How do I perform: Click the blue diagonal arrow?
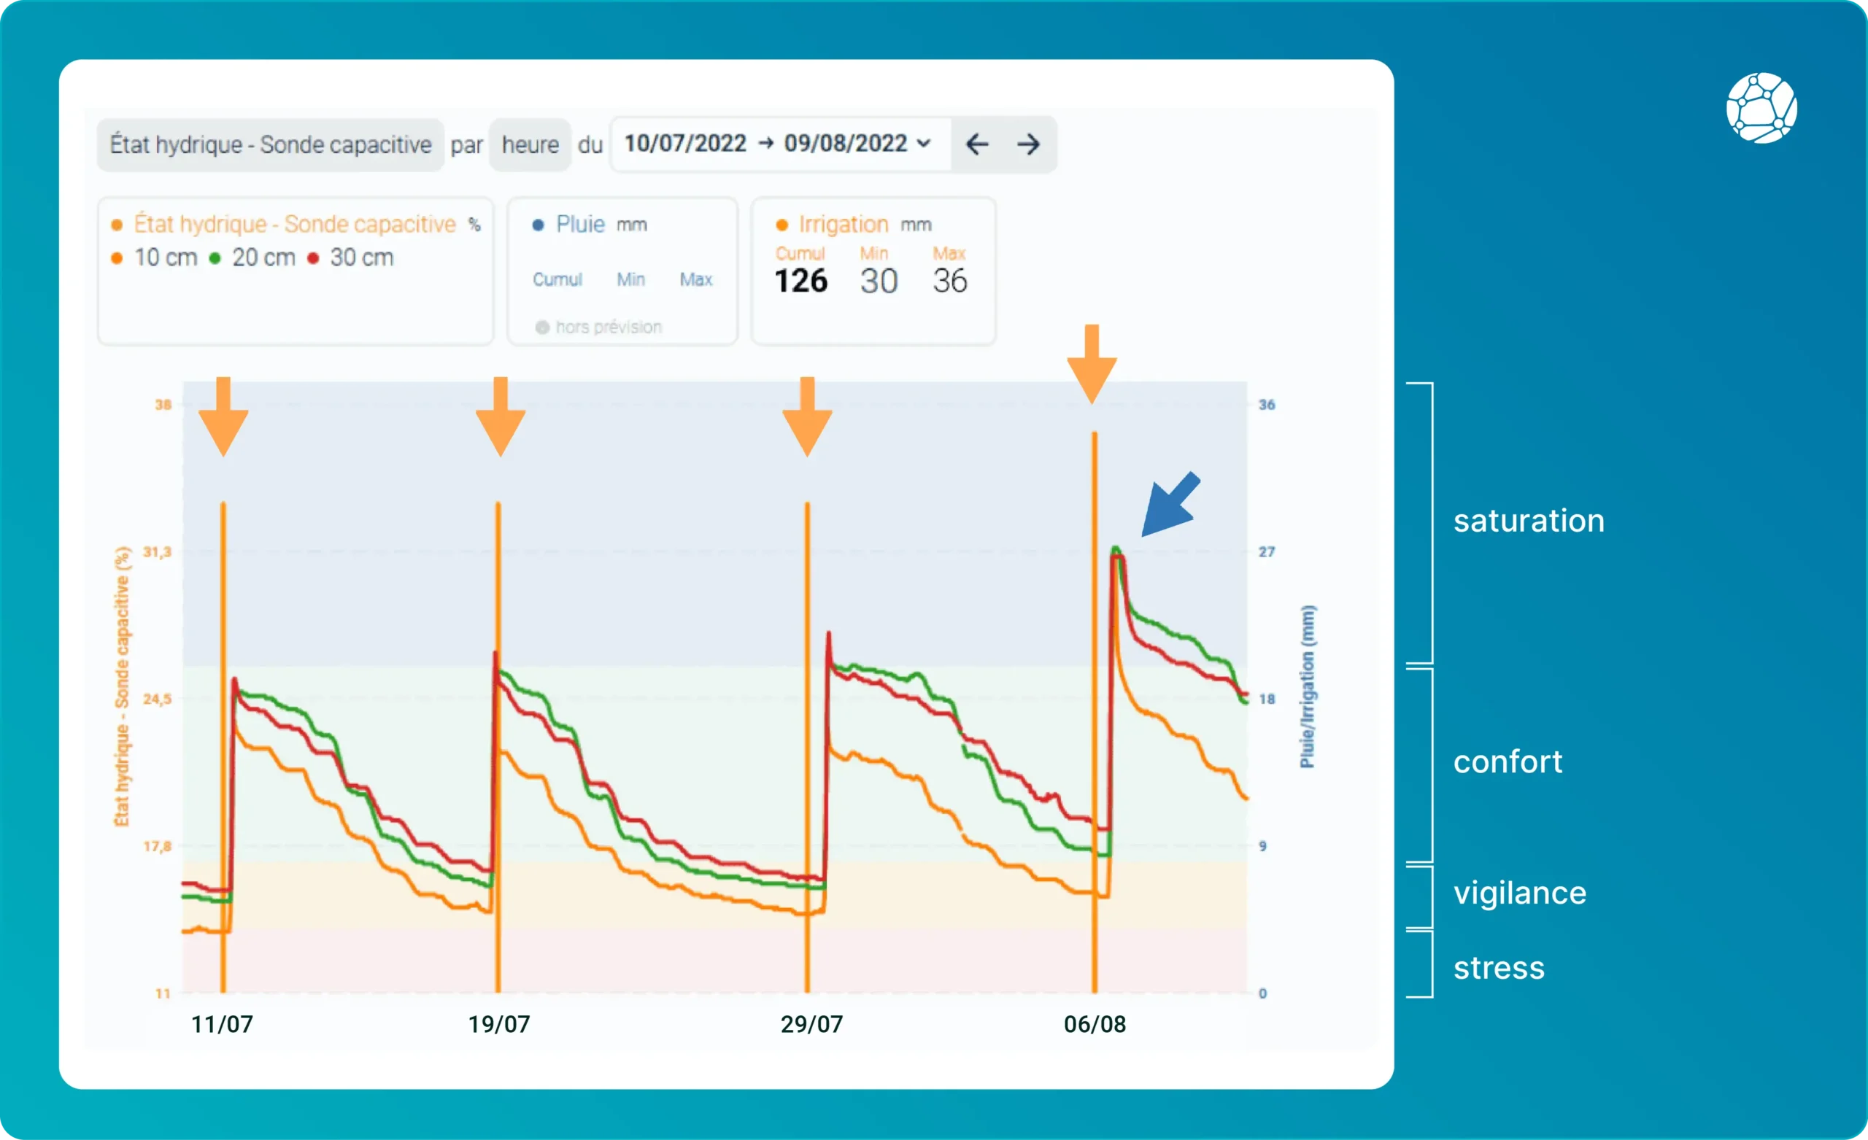(x=1170, y=505)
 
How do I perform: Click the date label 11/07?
(x=222, y=1025)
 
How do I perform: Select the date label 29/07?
(x=812, y=1025)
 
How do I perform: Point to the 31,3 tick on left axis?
(x=158, y=552)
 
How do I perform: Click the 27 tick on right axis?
(x=1267, y=552)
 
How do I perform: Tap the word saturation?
(x=1529, y=521)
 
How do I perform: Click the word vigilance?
(x=1519, y=893)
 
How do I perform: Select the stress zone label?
(x=1499, y=968)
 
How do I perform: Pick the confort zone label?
(x=1507, y=761)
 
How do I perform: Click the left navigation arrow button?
(x=976, y=144)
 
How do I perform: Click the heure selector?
(x=530, y=144)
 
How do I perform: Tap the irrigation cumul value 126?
(x=800, y=282)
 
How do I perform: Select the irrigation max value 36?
(x=949, y=282)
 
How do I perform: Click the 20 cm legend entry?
(x=254, y=257)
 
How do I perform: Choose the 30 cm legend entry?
(x=352, y=257)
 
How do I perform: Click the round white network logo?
(x=1761, y=108)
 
